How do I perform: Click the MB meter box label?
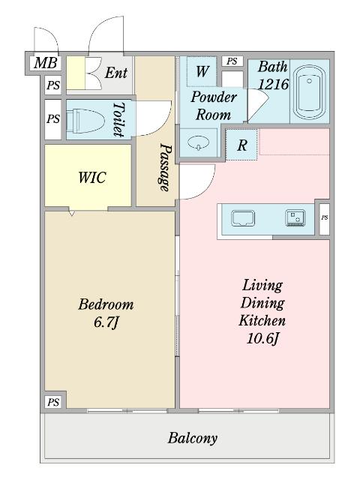[46, 63]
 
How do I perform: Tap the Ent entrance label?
[116, 73]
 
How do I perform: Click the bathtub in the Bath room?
[309, 91]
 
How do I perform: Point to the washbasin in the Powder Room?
[198, 142]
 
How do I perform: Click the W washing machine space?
[202, 72]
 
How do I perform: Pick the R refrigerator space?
[241, 145]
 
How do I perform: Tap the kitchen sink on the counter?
[243, 218]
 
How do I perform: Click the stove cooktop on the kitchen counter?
[295, 218]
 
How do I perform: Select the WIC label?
[92, 178]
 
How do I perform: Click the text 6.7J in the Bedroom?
[106, 322]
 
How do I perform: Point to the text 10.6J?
[263, 338]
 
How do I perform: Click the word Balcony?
[193, 438]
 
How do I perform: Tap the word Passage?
[165, 167]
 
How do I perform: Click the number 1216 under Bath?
[273, 84]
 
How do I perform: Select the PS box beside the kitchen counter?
[324, 217]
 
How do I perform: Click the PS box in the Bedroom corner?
[53, 402]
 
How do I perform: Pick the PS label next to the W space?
[232, 61]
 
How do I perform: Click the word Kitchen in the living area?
[262, 320]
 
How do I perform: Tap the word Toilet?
[118, 120]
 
